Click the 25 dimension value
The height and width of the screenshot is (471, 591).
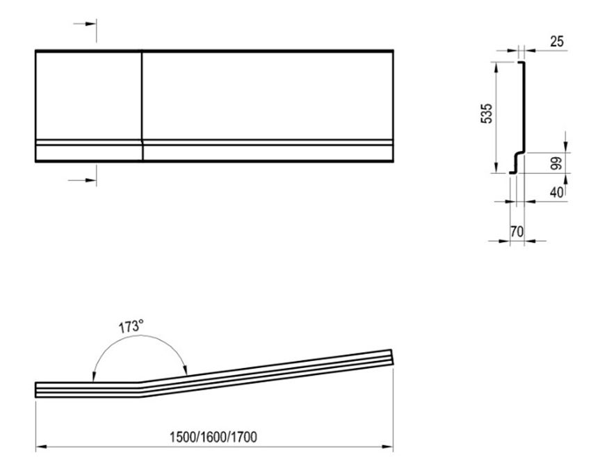coord(557,42)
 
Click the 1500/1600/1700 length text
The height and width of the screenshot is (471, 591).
coord(213,438)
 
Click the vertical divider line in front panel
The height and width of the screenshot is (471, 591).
coord(142,104)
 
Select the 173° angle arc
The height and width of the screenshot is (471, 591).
coord(139,342)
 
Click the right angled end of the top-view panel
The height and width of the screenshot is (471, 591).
coord(392,357)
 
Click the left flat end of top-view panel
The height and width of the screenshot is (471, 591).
coord(36,390)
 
